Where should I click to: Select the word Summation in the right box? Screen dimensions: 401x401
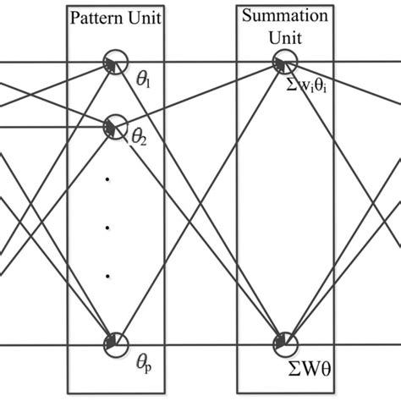point(285,14)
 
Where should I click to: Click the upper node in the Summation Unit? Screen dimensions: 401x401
point(283,61)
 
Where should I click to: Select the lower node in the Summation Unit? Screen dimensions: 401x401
point(283,343)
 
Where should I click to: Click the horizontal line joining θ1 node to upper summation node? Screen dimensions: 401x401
point(195,61)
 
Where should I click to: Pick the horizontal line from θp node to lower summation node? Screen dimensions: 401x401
point(195,344)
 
